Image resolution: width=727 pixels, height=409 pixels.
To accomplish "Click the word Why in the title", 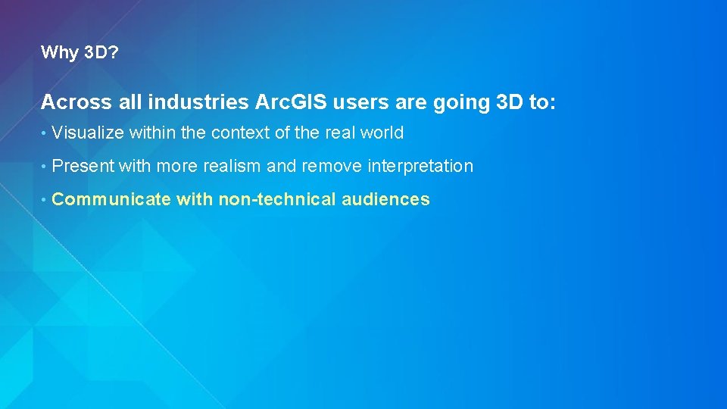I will [x=57, y=52].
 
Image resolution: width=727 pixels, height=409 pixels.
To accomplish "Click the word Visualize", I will [x=88, y=133].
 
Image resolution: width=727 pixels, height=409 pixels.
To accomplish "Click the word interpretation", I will [x=421, y=167].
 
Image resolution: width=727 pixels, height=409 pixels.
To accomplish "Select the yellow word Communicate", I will [x=111, y=200].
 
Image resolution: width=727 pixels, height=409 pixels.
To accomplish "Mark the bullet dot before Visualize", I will [x=45, y=134].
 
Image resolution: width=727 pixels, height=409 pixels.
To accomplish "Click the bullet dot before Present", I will [x=45, y=167].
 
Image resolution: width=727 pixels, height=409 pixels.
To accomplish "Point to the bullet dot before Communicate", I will [x=45, y=201].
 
